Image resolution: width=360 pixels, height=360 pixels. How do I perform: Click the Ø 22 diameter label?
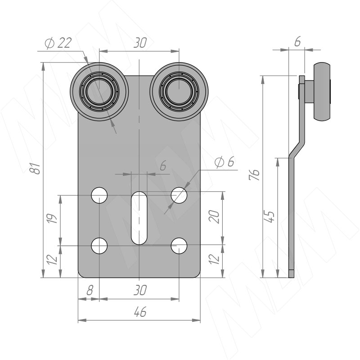[x=58, y=43]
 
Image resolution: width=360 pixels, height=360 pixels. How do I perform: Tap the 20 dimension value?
[x=215, y=218]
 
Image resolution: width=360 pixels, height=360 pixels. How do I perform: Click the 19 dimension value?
[x=53, y=219]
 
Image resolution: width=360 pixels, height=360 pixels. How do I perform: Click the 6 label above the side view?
[x=297, y=41]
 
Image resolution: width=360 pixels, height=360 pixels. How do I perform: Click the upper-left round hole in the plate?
[x=99, y=195]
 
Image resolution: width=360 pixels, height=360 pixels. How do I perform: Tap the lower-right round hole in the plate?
[x=179, y=246]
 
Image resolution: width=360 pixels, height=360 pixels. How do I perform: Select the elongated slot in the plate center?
[x=139, y=218]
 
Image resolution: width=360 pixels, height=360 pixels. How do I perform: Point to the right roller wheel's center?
[x=179, y=90]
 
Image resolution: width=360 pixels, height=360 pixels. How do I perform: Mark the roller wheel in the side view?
[x=322, y=92]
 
